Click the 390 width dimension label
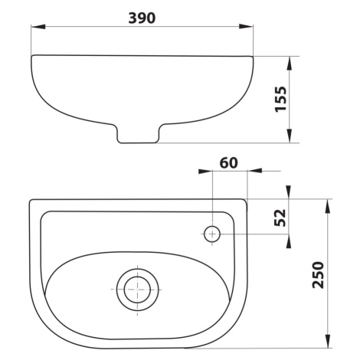pyautogui.click(x=142, y=18)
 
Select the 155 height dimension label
pyautogui.click(x=280, y=99)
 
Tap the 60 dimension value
pyautogui.click(x=229, y=163)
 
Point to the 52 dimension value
pyautogui.click(x=280, y=218)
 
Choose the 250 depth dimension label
pyautogui.click(x=318, y=275)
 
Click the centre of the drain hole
pyautogui.click(x=137, y=290)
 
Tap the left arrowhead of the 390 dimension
pyautogui.click(x=38, y=26)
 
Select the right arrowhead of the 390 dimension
pyautogui.click(x=246, y=26)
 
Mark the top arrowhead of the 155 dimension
pyautogui.click(x=289, y=64)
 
